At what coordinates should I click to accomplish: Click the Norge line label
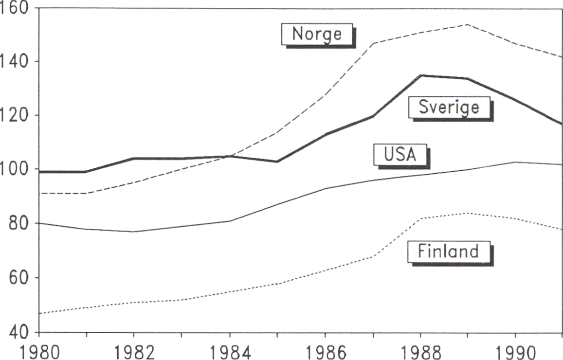click(x=317, y=34)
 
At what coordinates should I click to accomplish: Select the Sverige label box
click(x=449, y=107)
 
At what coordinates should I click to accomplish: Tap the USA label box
click(x=400, y=155)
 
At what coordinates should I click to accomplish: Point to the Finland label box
click(x=449, y=252)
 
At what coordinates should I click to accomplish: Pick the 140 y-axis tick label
click(x=15, y=62)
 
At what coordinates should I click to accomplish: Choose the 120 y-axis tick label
click(x=15, y=116)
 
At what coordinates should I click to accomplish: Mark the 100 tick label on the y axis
click(x=15, y=170)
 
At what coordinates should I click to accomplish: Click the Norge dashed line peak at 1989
click(x=467, y=24)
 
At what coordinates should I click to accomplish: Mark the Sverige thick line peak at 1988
click(x=420, y=75)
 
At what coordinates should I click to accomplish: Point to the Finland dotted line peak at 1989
click(x=467, y=213)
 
